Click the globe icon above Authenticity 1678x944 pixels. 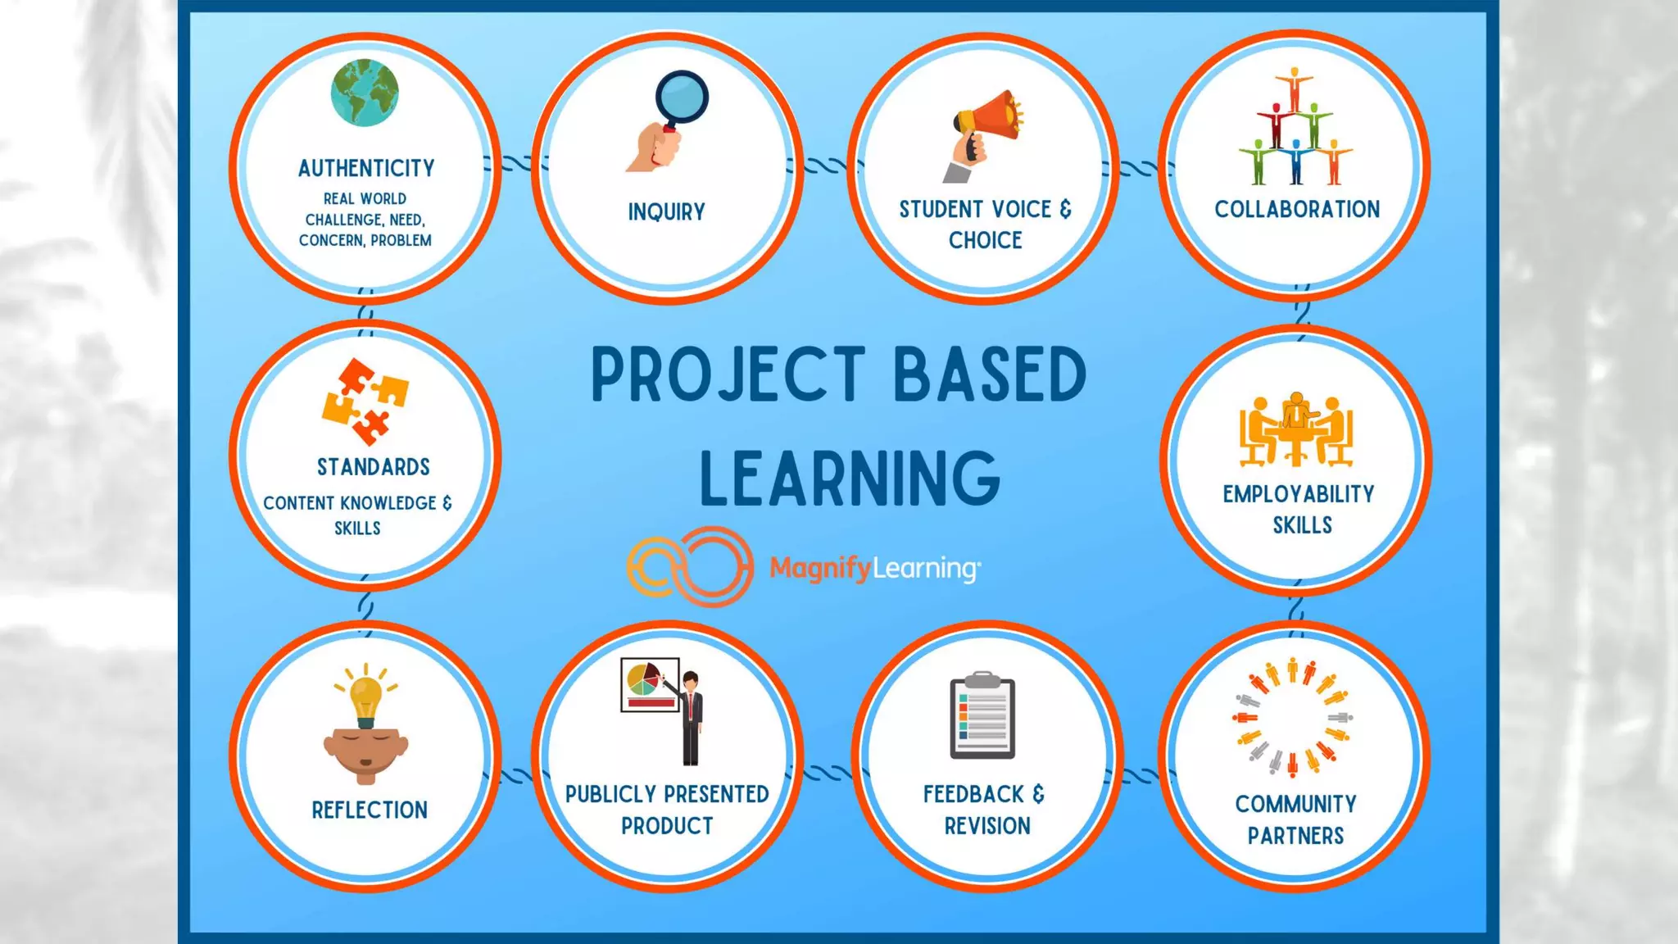point(365,93)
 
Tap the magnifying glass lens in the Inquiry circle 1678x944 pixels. point(682,98)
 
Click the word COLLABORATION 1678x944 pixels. point(1297,210)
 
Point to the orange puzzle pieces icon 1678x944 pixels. point(365,401)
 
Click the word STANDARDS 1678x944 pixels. point(373,467)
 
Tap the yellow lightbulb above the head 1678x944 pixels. point(365,697)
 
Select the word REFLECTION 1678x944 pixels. point(370,810)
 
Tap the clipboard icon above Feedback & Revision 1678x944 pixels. point(982,716)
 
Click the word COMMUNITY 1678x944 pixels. point(1295,804)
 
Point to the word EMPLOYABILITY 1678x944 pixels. point(1299,494)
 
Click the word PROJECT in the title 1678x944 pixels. point(728,374)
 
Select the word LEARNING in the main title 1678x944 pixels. point(850,479)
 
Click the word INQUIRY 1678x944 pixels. point(666,212)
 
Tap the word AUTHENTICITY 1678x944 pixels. point(366,169)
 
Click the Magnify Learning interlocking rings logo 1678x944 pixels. point(690,567)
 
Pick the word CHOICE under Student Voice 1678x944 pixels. point(985,241)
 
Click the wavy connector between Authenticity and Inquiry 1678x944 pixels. point(516,164)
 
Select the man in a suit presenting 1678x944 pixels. point(692,717)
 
